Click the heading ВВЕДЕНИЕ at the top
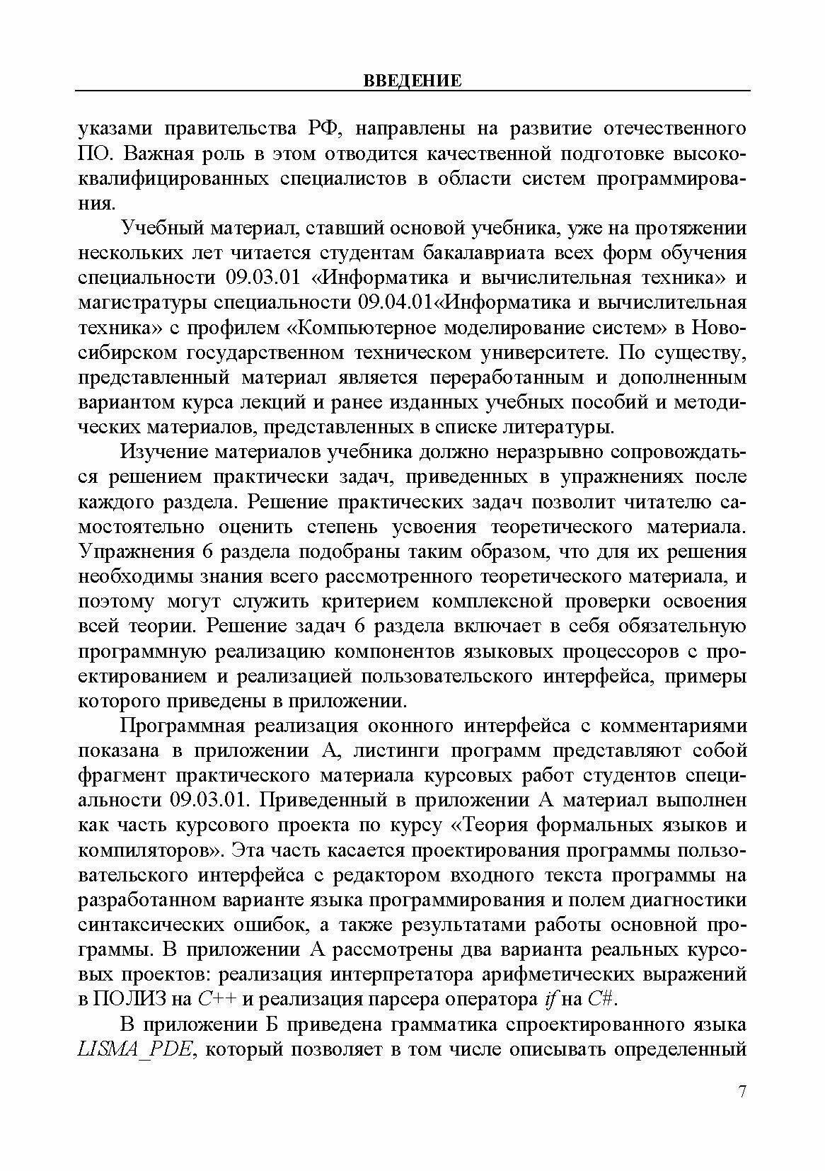click(412, 81)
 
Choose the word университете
click(540, 352)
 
